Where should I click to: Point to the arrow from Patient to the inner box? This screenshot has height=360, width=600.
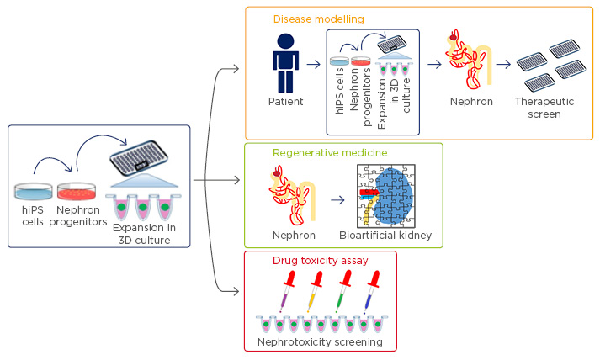[x=313, y=62]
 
